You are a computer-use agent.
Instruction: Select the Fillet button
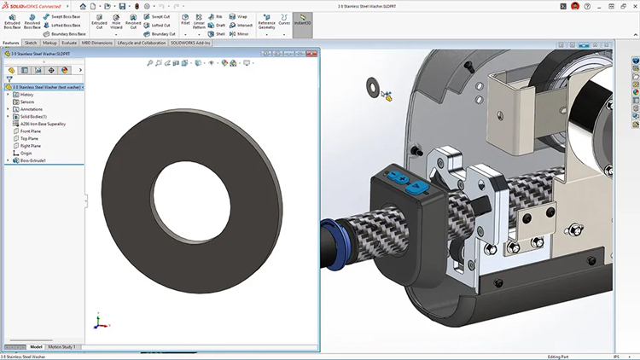click(x=184, y=22)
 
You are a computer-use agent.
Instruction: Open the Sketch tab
click(x=31, y=42)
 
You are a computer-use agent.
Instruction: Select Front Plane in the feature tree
click(x=30, y=131)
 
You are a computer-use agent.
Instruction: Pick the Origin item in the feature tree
click(x=26, y=153)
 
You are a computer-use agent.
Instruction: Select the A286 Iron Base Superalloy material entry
click(x=43, y=124)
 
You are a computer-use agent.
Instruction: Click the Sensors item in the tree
click(x=27, y=102)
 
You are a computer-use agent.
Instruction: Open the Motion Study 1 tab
click(x=61, y=346)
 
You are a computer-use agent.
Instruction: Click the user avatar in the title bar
click(x=575, y=6)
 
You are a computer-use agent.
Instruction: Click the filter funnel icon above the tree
click(x=9, y=79)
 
